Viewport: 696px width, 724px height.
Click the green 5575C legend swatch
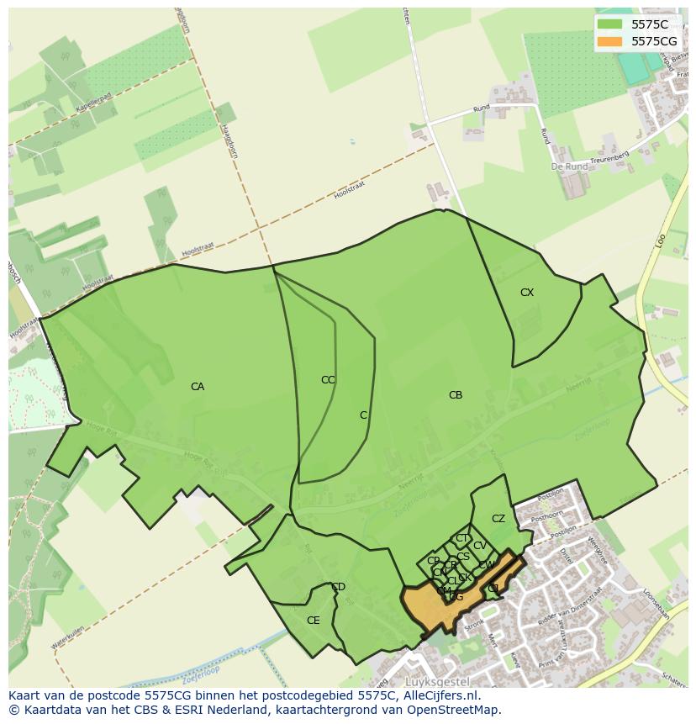click(x=610, y=25)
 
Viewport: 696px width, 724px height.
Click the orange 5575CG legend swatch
click(x=610, y=41)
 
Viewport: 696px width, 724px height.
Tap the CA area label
click(x=198, y=387)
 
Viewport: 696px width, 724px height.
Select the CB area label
click(x=456, y=395)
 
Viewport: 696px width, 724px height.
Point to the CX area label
click(x=527, y=293)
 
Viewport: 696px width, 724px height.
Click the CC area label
click(x=328, y=380)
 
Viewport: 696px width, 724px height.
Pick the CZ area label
click(x=498, y=519)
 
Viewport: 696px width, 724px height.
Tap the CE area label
click(x=314, y=621)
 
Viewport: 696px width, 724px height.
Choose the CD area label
click(x=338, y=587)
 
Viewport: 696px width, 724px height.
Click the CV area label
click(x=480, y=546)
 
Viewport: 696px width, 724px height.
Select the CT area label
click(x=462, y=538)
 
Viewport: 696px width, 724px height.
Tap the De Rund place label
click(x=568, y=167)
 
